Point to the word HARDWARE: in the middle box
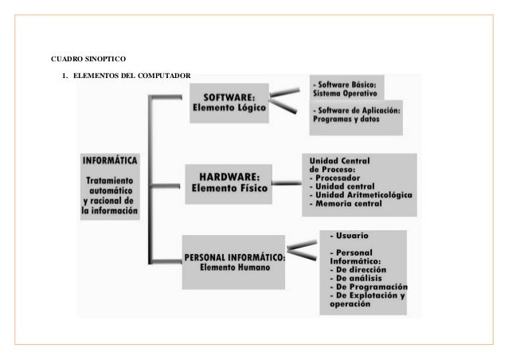coord(230,176)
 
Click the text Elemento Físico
coord(230,190)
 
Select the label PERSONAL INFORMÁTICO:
coord(235,256)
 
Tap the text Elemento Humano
coord(235,268)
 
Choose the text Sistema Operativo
coord(349,92)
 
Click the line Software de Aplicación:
coord(358,109)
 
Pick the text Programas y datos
coord(346,120)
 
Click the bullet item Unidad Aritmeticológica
coord(361,194)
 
